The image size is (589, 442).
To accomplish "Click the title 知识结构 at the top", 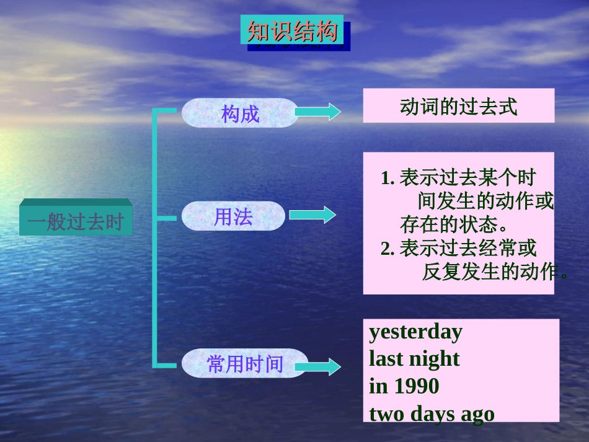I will (291, 30).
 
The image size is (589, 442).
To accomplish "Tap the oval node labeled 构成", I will (240, 113).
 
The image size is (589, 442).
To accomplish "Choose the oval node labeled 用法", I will (233, 216).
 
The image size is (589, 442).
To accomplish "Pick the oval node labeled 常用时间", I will (245, 364).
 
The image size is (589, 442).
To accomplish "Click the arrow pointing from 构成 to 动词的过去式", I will (317, 112).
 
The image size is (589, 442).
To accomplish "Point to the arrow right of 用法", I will (312, 215).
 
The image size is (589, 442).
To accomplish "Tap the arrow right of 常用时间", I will (317, 366).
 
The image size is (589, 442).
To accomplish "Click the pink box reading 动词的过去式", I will (458, 106).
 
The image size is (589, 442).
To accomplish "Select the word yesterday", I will (415, 332).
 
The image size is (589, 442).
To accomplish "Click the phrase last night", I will (414, 359).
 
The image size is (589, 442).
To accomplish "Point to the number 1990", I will (416, 386).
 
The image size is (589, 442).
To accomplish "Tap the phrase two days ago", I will (432, 413).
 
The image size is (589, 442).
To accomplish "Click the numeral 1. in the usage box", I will (388, 179).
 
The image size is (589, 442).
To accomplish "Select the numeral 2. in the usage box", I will (388, 249).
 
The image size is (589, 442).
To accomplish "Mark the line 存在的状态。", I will (454, 224).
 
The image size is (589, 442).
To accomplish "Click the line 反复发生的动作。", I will (495, 272).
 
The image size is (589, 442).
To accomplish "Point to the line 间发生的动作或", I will (485, 201).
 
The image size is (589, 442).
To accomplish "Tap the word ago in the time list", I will (477, 414).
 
